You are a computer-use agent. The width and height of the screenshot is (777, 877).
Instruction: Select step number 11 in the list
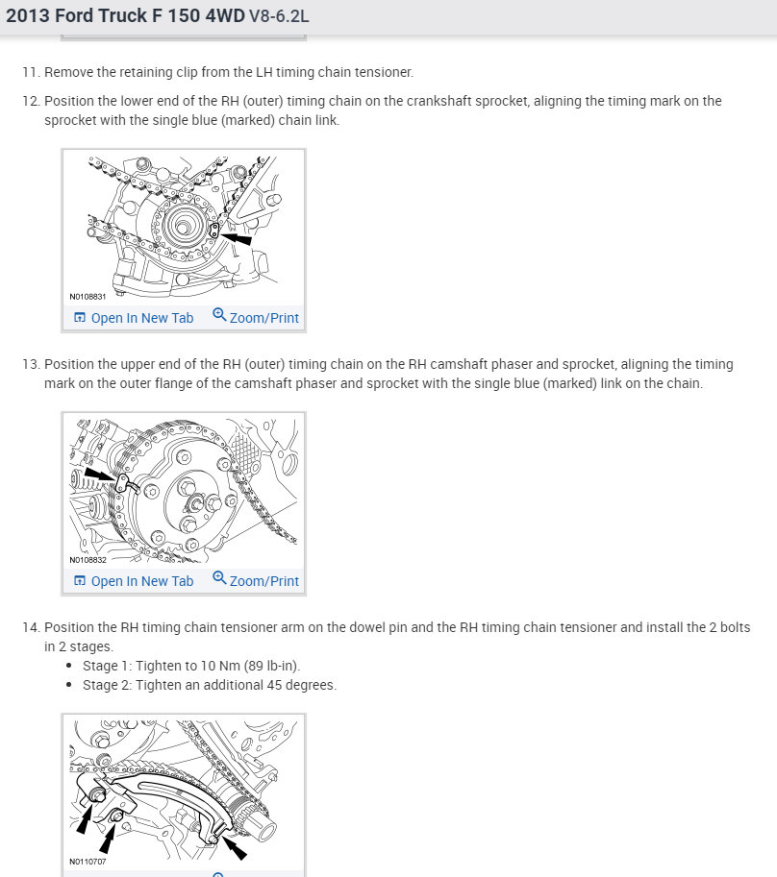pyautogui.click(x=30, y=72)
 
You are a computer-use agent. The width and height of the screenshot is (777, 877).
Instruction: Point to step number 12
pyautogui.click(x=30, y=101)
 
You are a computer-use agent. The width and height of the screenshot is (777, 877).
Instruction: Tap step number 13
pyautogui.click(x=30, y=364)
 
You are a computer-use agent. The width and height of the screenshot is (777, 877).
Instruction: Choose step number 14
pyautogui.click(x=30, y=627)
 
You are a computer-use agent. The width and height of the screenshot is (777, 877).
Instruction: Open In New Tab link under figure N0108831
pyautogui.click(x=134, y=318)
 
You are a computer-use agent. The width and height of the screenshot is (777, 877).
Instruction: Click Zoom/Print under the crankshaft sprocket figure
pyautogui.click(x=256, y=318)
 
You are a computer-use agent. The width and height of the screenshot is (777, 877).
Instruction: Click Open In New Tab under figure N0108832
pyautogui.click(x=134, y=581)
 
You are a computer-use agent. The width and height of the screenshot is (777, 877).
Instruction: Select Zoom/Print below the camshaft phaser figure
pyautogui.click(x=256, y=581)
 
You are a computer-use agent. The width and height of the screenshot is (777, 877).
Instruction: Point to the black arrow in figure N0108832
pyautogui.click(x=100, y=475)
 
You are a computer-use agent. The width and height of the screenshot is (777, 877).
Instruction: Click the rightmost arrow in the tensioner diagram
pyautogui.click(x=234, y=846)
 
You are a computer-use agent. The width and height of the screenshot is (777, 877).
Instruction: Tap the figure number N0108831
pyautogui.click(x=88, y=297)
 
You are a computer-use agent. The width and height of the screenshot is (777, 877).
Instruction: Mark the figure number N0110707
pyautogui.click(x=88, y=862)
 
